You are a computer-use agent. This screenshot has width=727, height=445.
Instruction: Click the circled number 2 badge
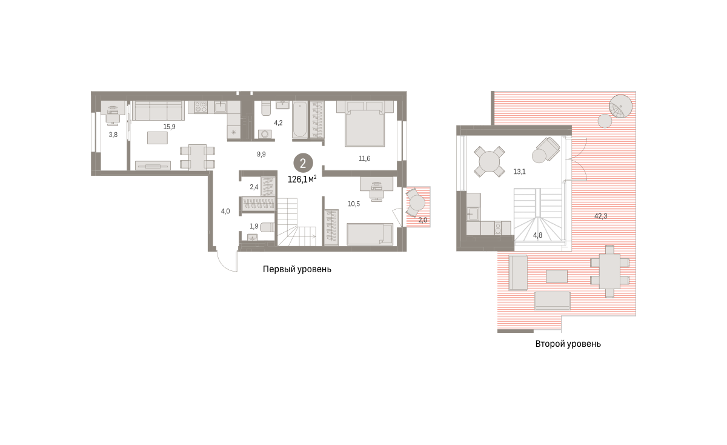click(303, 163)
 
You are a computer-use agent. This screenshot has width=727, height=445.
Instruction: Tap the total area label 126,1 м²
click(302, 179)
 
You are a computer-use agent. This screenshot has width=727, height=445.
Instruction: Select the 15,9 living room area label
click(169, 127)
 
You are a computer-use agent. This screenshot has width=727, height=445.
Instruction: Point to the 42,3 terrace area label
click(601, 216)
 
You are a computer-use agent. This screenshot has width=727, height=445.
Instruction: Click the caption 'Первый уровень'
click(297, 269)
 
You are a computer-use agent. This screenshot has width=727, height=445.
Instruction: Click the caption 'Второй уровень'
click(568, 344)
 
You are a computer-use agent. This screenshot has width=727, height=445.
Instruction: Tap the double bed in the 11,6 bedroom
click(365, 124)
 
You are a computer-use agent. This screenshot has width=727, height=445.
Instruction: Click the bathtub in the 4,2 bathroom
click(299, 120)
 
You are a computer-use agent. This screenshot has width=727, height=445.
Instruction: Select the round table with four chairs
click(489, 161)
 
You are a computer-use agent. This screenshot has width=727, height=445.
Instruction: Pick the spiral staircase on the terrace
click(620, 107)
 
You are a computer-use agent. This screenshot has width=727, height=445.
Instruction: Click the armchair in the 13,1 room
click(546, 150)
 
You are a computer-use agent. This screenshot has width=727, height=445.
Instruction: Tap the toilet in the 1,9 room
click(267, 227)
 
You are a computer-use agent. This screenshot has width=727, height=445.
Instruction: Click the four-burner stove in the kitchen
click(201, 107)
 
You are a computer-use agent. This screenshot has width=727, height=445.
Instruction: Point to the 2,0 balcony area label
click(423, 220)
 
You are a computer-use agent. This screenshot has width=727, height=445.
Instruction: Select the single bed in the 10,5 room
click(370, 234)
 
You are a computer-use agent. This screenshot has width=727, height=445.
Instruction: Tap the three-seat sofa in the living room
click(158, 111)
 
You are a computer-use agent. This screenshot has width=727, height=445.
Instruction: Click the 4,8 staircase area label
click(537, 235)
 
